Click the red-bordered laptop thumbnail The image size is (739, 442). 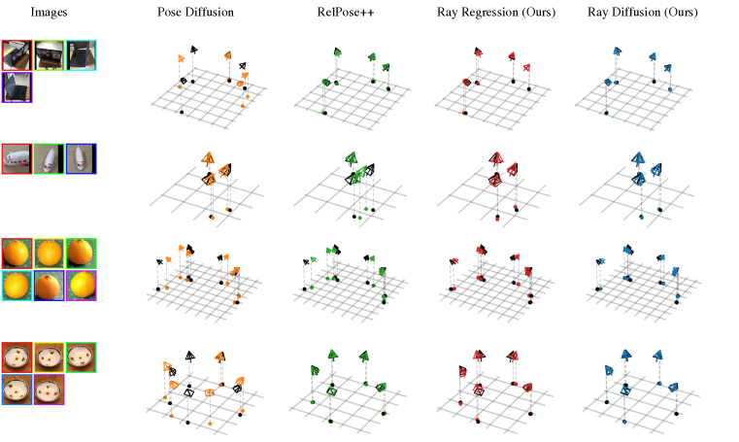point(17,55)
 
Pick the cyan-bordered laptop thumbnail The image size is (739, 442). point(81,55)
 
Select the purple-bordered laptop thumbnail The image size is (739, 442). point(17,87)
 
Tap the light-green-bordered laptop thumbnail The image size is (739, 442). point(49,55)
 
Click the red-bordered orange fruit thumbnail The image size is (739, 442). point(17,254)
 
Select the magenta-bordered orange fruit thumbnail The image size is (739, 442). point(81,286)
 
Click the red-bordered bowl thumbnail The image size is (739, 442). point(17,357)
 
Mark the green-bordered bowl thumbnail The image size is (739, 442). point(81,357)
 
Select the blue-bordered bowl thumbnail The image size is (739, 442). point(17,390)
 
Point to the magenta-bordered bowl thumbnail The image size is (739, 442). point(49,390)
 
